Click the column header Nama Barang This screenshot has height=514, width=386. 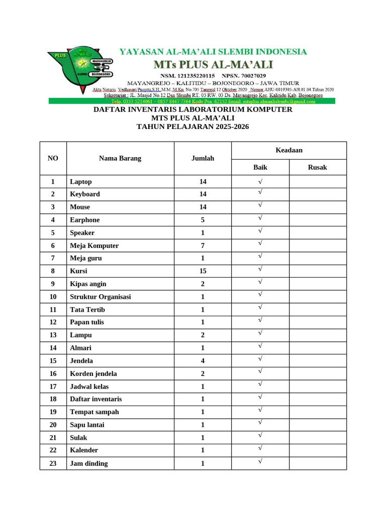pyautogui.click(x=120, y=158)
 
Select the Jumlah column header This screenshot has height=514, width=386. pyautogui.click(x=203, y=158)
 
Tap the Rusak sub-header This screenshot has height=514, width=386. pyautogui.click(x=317, y=167)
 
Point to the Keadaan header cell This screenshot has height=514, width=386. pyautogui.click(x=288, y=150)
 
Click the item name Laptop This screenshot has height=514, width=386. pyautogui.click(x=81, y=182)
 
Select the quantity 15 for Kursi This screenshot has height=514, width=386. pyautogui.click(x=203, y=271)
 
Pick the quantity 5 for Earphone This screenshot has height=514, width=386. pyautogui.click(x=203, y=220)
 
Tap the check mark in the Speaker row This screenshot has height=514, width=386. pyautogui.click(x=260, y=231)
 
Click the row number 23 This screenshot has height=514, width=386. pyautogui.click(x=53, y=463)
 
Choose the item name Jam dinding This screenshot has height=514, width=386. pyautogui.click(x=89, y=463)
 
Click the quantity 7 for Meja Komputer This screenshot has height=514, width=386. pyautogui.click(x=203, y=245)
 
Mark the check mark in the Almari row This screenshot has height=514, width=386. pyautogui.click(x=260, y=346)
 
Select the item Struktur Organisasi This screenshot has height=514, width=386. pyautogui.click(x=101, y=297)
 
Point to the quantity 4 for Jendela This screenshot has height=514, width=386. pyautogui.click(x=203, y=360)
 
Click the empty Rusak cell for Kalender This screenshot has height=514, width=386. pyautogui.click(x=317, y=450)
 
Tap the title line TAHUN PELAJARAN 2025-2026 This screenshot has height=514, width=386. pyautogui.click(x=192, y=127)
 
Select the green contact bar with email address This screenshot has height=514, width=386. pyautogui.click(x=191, y=101)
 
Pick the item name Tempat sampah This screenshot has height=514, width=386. pyautogui.click(x=94, y=412)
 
